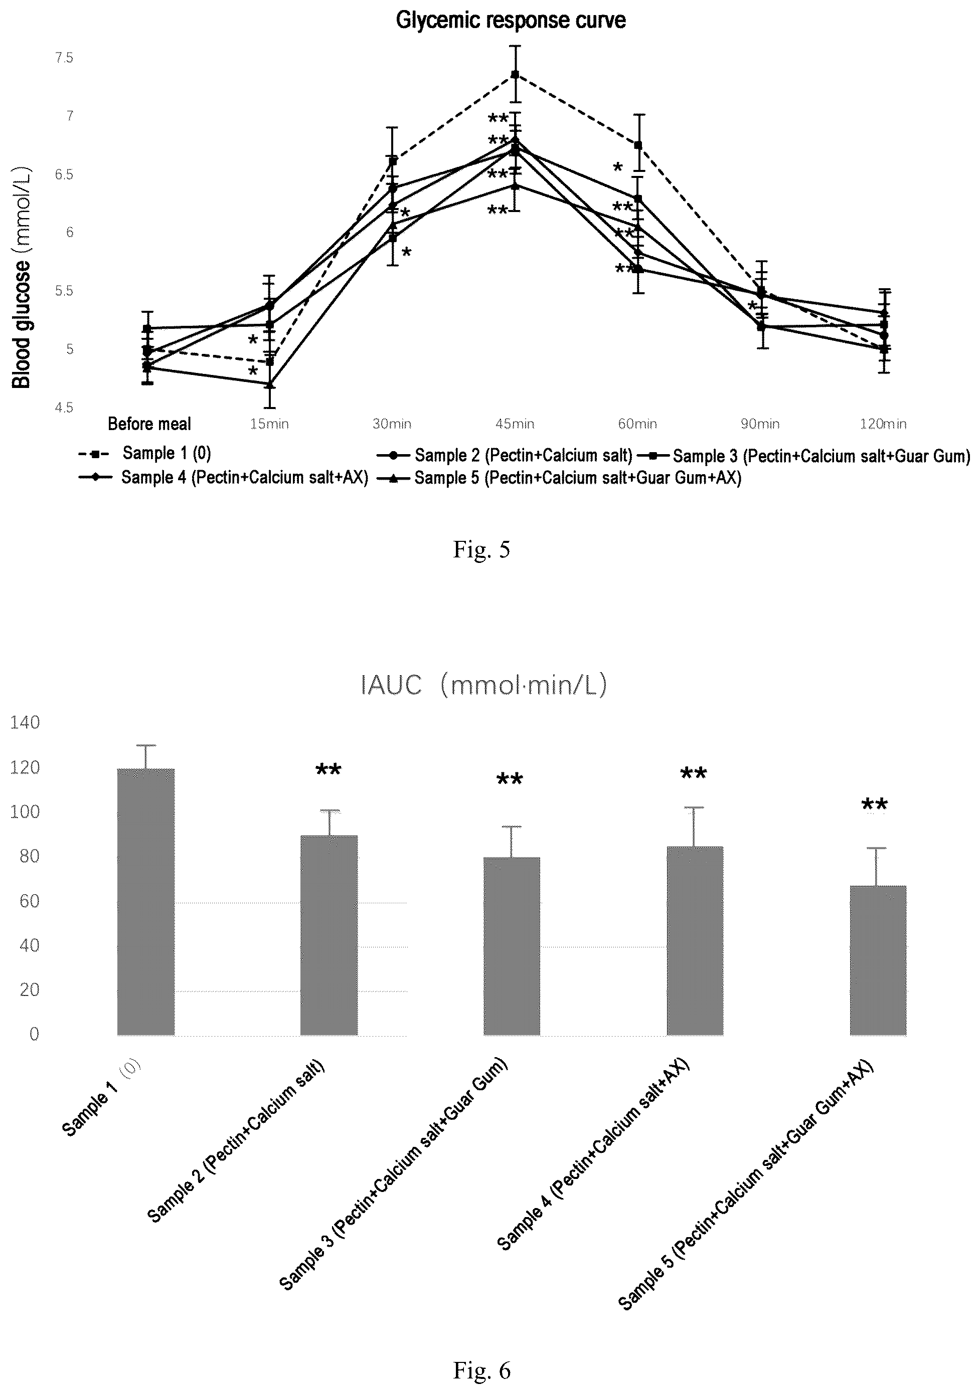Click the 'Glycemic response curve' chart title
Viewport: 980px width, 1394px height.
[511, 20]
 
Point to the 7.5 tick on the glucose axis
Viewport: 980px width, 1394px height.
[64, 58]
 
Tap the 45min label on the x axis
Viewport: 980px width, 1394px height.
[515, 424]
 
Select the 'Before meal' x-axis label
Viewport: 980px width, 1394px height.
[149, 424]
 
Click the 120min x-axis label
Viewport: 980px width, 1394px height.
[883, 424]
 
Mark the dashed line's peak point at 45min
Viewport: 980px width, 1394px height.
[515, 74]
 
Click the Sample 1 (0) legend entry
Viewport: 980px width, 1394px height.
[144, 453]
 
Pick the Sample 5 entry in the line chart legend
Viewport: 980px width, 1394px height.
[559, 478]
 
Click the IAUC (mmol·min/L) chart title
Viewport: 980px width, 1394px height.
[483, 685]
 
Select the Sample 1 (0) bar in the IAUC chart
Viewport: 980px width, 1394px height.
[146, 902]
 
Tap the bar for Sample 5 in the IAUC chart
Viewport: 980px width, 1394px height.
[878, 960]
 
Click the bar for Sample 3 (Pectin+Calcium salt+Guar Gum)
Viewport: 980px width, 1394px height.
[512, 946]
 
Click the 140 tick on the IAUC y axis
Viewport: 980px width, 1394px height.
[25, 722]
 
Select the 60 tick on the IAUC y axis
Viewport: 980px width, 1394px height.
[29, 900]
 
